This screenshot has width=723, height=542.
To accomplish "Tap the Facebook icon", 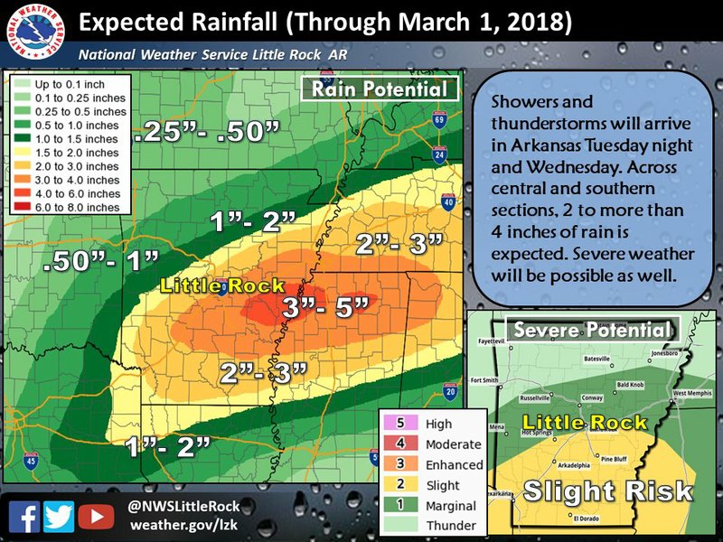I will tap(28, 516).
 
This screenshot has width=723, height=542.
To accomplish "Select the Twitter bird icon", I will tap(61, 516).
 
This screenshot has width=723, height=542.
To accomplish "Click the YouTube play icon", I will tap(94, 516).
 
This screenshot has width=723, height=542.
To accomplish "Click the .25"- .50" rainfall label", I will tap(207, 135).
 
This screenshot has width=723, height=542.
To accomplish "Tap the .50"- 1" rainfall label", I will tap(102, 263).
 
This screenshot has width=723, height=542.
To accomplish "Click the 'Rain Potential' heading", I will tap(380, 89).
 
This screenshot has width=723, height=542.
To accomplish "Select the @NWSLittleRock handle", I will tap(184, 507).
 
